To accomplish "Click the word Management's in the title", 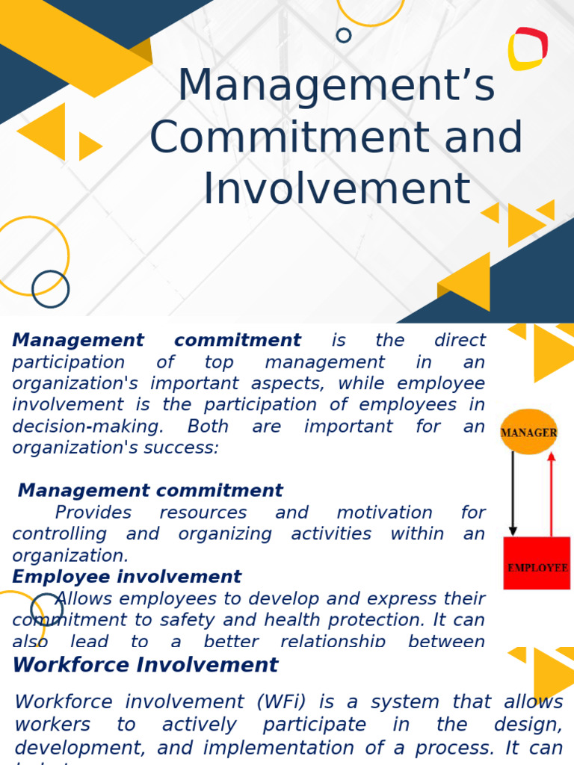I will (x=336, y=86).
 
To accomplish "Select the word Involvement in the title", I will (x=337, y=188).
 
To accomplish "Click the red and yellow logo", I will (x=528, y=49).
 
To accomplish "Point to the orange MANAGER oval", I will (x=528, y=432).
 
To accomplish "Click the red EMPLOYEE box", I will (x=537, y=564).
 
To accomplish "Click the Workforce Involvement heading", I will (x=146, y=664).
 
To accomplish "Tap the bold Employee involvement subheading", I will (x=126, y=577).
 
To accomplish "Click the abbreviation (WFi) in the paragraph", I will (x=283, y=701).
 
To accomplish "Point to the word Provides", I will (x=93, y=512).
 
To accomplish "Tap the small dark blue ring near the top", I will (x=344, y=35).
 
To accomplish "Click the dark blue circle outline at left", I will (x=50, y=289).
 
